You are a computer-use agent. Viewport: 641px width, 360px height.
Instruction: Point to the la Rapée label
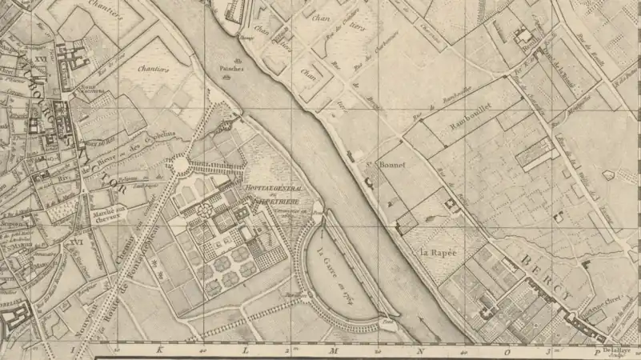pyautogui.click(x=438, y=253)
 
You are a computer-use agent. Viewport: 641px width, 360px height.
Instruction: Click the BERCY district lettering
pyautogui.click(x=544, y=278)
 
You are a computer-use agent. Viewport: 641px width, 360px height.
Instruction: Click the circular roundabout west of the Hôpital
pyautogui.click(x=180, y=166)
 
